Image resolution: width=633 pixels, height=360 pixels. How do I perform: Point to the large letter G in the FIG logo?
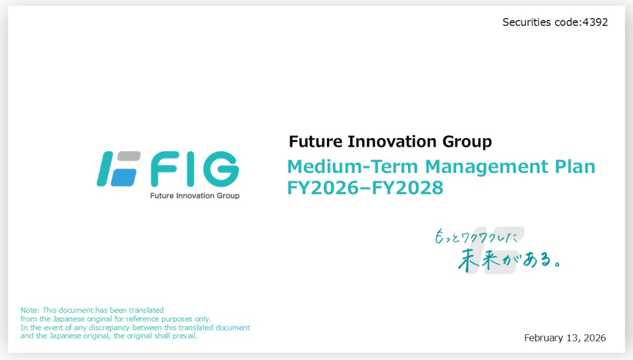[218, 169]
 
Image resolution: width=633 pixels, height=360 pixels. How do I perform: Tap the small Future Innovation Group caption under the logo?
[194, 195]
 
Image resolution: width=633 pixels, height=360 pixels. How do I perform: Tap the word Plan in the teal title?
[575, 167]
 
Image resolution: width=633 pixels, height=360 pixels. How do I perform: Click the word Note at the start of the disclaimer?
[30, 310]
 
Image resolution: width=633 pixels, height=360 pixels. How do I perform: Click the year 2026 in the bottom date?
[594, 338]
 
